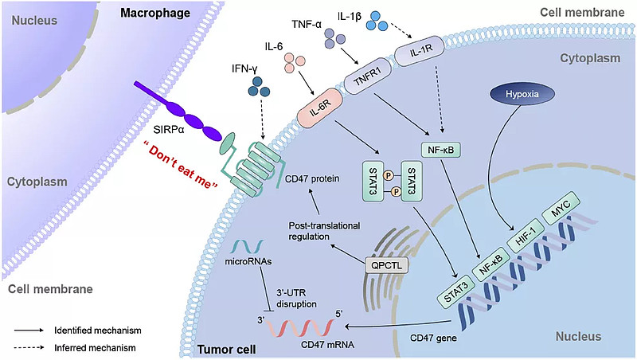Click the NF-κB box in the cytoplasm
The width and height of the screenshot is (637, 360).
click(x=440, y=149)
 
